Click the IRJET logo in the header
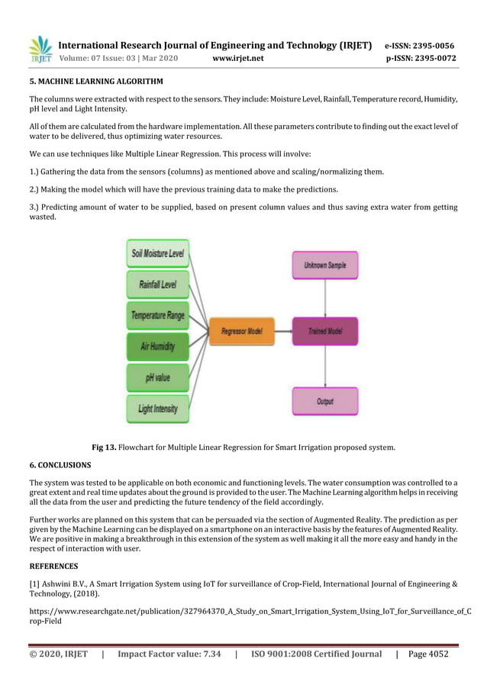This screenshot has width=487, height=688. tap(40, 50)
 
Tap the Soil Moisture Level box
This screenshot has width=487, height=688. tap(158, 252)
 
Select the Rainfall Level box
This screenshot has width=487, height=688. tap(158, 285)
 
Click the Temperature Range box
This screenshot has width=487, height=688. tap(158, 315)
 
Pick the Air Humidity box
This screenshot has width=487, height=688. tap(158, 346)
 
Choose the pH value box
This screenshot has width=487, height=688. tap(158, 377)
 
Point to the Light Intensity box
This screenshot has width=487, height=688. tap(158, 409)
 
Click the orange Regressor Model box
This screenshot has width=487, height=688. tap(241, 331)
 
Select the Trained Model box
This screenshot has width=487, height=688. tap(325, 331)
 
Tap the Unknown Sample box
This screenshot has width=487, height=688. tap(325, 265)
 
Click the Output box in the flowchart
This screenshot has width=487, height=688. tap(325, 400)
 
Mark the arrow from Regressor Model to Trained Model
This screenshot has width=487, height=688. tap(282, 331)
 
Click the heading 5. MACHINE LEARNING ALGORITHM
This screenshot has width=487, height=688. tap(96, 81)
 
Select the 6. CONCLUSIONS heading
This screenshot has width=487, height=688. tap(60, 465)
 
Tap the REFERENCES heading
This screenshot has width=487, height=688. tap(53, 567)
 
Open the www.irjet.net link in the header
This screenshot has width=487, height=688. tap(238, 58)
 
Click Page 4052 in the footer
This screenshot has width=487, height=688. tap(428, 654)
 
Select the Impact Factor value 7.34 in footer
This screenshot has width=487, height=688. tap(169, 654)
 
